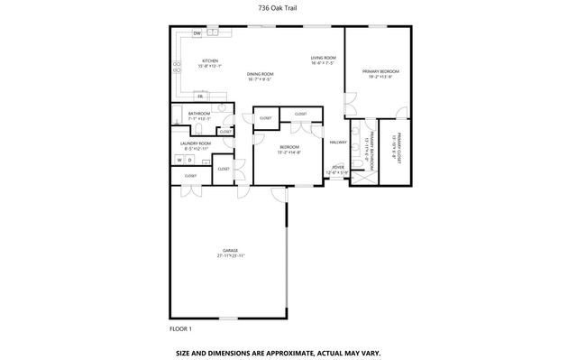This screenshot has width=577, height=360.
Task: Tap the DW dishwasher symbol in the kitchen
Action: tap(197, 34)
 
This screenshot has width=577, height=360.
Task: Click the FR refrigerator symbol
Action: tap(200, 95)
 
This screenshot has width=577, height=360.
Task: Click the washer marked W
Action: tap(179, 160)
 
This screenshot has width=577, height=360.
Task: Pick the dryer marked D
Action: tap(189, 160)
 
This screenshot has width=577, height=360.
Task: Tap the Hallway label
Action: tap(338, 142)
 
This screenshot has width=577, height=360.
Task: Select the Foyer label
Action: tap(338, 167)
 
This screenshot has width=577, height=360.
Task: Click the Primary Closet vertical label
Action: tap(395, 147)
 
